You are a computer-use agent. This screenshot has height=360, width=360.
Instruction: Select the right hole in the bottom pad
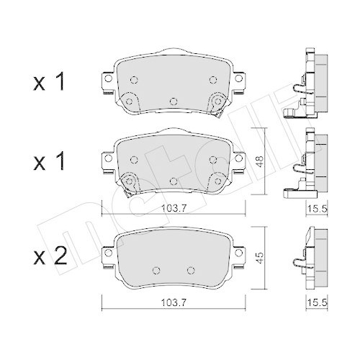(x=190, y=270)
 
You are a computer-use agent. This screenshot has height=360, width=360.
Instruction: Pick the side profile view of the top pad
(x=308, y=84)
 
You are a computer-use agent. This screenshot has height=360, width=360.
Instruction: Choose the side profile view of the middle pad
(x=308, y=164)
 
